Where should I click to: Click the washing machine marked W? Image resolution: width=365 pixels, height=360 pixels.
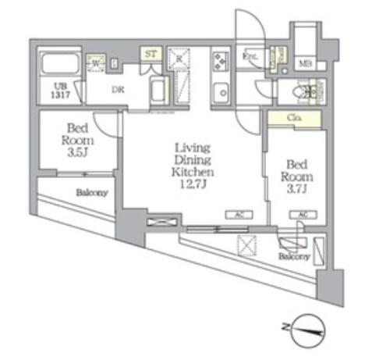[95, 63]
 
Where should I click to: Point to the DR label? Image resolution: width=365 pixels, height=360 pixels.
[117, 90]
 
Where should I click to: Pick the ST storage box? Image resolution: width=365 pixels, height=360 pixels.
[151, 55]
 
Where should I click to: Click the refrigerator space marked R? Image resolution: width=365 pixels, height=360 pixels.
[179, 59]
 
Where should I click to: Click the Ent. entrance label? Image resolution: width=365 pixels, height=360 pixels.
[251, 57]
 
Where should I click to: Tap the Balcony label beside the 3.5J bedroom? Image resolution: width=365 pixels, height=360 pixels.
[92, 193]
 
